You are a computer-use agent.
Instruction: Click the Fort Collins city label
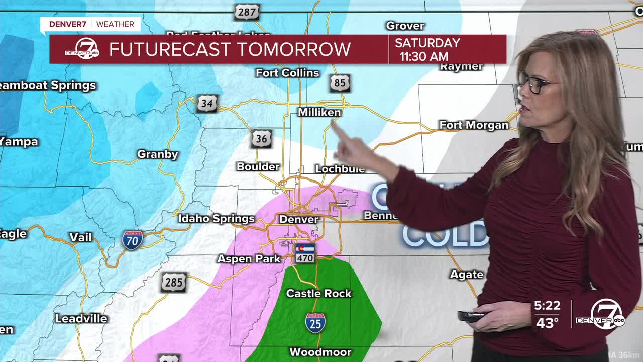[287, 73]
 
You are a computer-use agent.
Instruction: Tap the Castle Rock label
[318, 293]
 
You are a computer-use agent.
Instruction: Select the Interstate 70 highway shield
[132, 240]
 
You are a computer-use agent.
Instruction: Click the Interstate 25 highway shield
[315, 323]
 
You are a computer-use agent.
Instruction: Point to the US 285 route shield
[174, 282]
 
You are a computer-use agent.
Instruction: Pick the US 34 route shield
[207, 103]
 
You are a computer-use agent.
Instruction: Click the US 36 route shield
[261, 139]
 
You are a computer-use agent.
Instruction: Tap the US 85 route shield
[340, 83]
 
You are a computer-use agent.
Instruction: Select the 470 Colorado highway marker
[305, 253]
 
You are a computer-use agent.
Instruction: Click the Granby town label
[158, 154]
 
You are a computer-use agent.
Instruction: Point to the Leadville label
[81, 319]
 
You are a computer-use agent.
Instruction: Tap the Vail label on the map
[80, 237]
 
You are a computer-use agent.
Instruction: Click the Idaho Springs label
[217, 219]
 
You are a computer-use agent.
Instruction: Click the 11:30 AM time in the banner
[423, 56]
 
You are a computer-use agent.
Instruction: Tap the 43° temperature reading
[547, 323]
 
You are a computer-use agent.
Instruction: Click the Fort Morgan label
[474, 125]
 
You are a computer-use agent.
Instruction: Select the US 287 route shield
[246, 12]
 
